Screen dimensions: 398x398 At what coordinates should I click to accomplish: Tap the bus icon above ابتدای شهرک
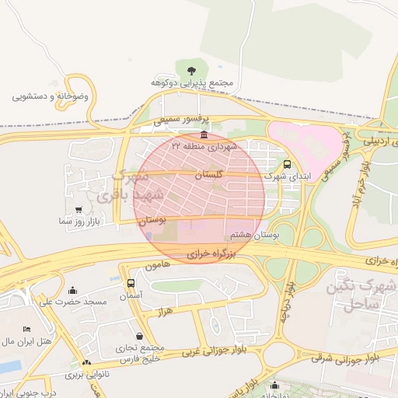tap(288, 164)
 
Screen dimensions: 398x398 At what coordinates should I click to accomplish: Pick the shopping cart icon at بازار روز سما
tap(79, 210)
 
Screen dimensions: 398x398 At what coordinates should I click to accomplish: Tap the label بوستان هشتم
tap(250, 234)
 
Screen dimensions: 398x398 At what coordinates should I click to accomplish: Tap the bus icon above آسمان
tap(130, 284)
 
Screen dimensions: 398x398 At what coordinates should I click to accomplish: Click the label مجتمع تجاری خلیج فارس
tap(140, 353)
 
